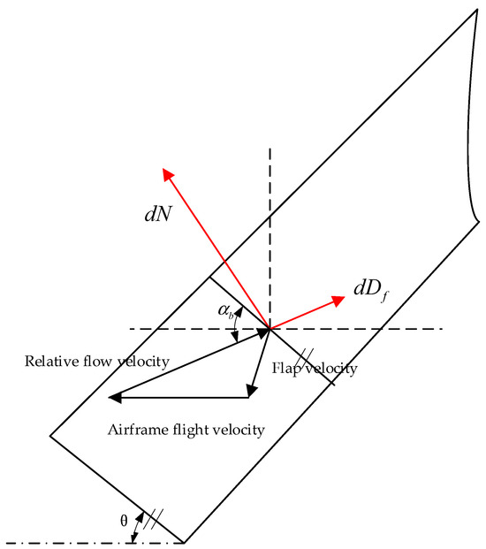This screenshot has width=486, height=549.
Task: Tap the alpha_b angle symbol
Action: pos(226,311)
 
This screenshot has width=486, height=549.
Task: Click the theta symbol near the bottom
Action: pos(124,521)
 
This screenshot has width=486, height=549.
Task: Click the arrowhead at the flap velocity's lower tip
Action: pos(252,390)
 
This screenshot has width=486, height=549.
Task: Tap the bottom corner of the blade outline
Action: pos(184,541)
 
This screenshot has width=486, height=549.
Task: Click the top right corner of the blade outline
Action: pos(477,12)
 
